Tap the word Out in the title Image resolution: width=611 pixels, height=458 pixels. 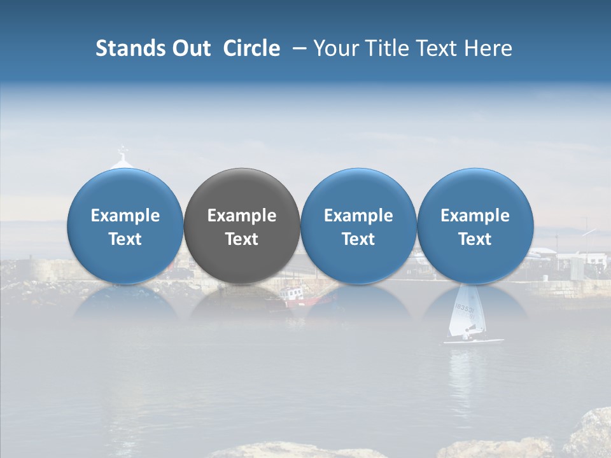click(x=190, y=48)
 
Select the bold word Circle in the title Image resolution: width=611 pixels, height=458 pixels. click(x=251, y=48)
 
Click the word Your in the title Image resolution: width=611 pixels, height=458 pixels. click(x=334, y=48)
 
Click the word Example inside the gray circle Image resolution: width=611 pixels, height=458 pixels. click(x=241, y=216)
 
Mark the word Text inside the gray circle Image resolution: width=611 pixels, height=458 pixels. click(x=241, y=239)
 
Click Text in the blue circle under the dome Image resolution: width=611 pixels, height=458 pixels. click(x=125, y=239)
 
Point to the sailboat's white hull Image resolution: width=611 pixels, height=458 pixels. click(x=474, y=341)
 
